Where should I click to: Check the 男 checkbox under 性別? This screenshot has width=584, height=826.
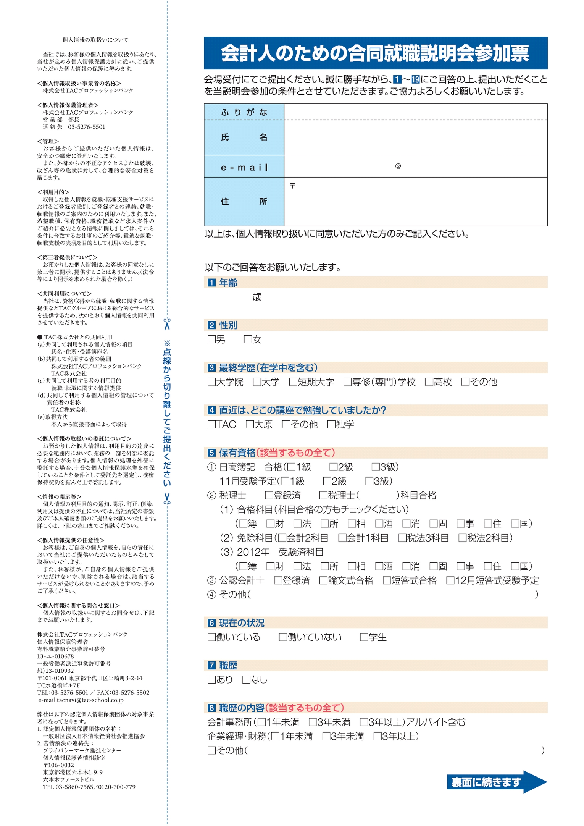click(211, 339)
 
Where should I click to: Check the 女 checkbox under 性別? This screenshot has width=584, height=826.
click(248, 339)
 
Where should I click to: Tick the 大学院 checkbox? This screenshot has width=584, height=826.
click(211, 382)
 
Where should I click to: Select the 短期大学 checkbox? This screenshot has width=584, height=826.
click(293, 382)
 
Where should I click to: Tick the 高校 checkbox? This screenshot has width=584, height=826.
click(429, 382)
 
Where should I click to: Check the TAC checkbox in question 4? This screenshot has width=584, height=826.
click(211, 424)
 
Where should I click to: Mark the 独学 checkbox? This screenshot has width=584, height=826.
click(331, 424)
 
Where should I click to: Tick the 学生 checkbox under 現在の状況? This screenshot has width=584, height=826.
click(364, 637)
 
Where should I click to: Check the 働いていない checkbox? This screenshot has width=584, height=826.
click(283, 637)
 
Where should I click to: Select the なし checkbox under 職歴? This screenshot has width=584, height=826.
click(246, 679)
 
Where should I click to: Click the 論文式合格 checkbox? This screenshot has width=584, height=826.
click(323, 580)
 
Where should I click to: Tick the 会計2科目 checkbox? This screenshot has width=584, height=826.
click(282, 538)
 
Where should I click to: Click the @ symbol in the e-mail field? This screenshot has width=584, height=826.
click(398, 166)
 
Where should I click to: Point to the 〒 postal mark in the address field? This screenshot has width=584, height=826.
click(292, 186)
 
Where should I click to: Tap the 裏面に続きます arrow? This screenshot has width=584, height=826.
click(497, 782)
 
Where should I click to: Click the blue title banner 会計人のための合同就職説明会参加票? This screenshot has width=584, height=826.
click(375, 53)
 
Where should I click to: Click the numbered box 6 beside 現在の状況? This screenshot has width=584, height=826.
click(211, 623)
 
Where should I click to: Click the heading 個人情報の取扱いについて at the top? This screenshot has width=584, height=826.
click(95, 40)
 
